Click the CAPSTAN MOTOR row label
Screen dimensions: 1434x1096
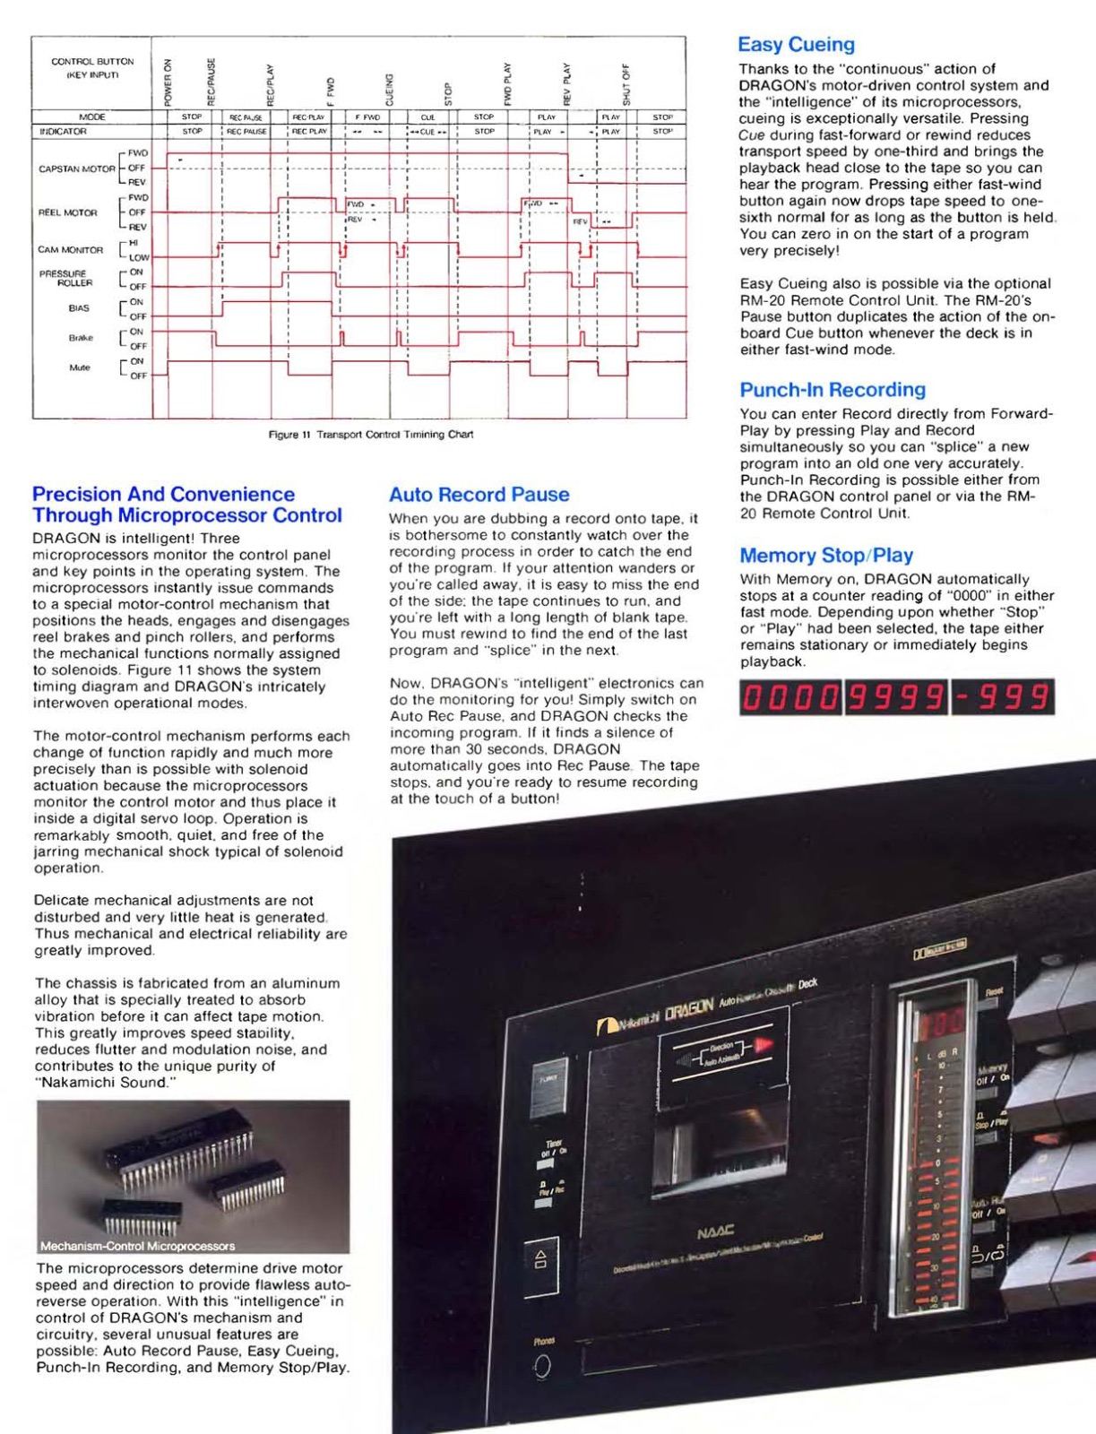[77, 168]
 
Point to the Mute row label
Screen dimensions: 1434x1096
[80, 367]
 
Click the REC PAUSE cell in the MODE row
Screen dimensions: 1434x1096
[246, 117]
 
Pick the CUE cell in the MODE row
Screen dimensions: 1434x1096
[427, 117]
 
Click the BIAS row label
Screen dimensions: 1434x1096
[80, 308]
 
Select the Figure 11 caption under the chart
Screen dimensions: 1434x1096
[371, 435]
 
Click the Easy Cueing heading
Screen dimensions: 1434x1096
[796, 45]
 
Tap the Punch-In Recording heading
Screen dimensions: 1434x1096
[833, 390]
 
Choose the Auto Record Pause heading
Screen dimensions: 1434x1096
[479, 495]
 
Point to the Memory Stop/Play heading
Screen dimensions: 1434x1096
[826, 556]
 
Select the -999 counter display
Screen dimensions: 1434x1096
[1002, 697]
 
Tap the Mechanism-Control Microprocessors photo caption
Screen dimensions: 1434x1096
[137, 1246]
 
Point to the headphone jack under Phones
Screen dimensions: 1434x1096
[542, 1368]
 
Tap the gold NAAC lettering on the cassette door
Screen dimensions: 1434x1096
[715, 1232]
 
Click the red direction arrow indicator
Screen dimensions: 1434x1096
[763, 1043]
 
